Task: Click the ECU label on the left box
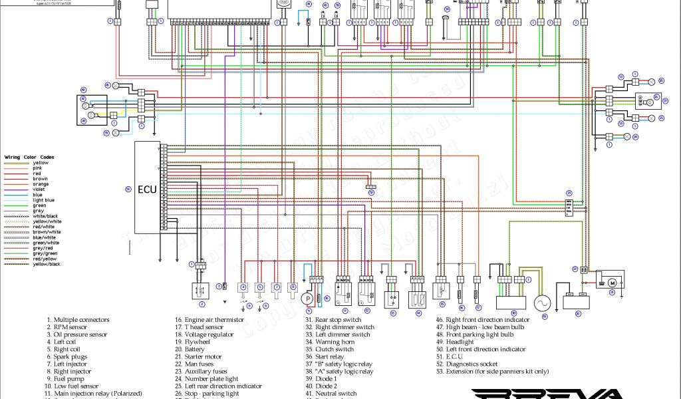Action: pos(147,189)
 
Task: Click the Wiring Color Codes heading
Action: pos(29,157)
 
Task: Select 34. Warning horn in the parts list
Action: pos(329,342)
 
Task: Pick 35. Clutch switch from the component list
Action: pos(329,349)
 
